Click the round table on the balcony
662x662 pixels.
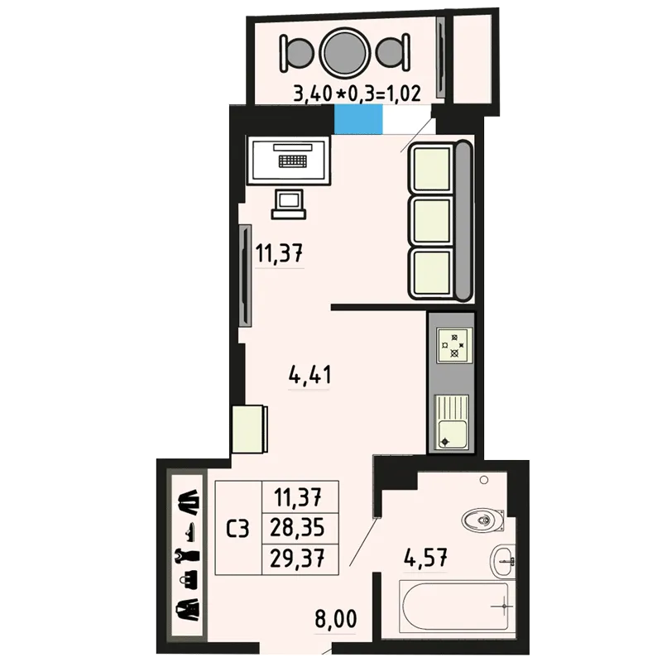(x=344, y=53)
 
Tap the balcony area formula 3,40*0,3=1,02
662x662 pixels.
(x=357, y=94)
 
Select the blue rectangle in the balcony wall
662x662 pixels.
(x=358, y=119)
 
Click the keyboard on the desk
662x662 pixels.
(x=293, y=161)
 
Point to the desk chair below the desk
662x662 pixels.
(x=289, y=204)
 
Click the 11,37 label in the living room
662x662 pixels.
(x=279, y=253)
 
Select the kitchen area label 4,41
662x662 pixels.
(x=309, y=375)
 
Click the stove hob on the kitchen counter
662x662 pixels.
(x=454, y=345)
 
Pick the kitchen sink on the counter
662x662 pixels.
(x=452, y=422)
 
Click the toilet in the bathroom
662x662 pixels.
(x=483, y=520)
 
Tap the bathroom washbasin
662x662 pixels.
(x=502, y=561)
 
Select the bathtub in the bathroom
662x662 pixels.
(x=457, y=607)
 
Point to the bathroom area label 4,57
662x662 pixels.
(x=425, y=558)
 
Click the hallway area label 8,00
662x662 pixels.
(x=336, y=619)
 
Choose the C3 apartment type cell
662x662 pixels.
(x=238, y=528)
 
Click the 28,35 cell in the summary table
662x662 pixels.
(x=297, y=528)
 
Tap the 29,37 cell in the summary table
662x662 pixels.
(x=297, y=559)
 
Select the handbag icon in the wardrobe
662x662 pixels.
(x=189, y=580)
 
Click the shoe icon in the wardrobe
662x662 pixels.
(x=189, y=532)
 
